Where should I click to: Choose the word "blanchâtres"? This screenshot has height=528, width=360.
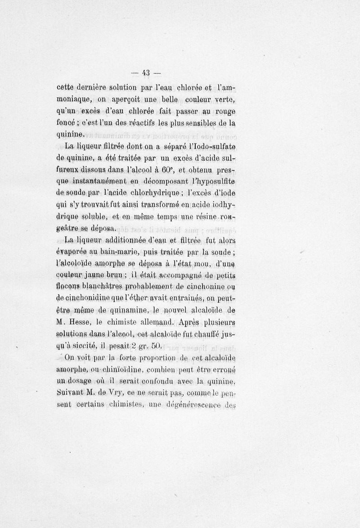pyautogui.click(x=102, y=288)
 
